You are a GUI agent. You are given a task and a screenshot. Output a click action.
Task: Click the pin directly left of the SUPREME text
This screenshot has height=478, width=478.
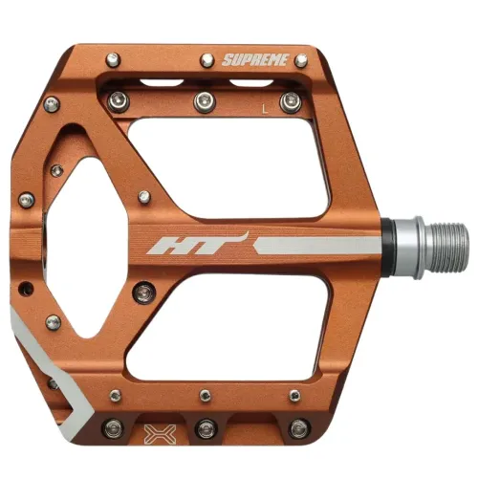click(x=206, y=60)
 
